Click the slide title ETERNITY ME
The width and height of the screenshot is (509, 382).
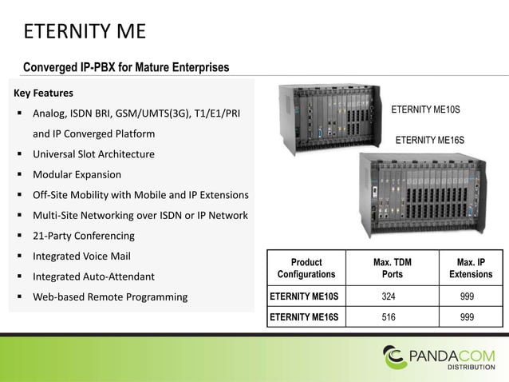coord(83,33)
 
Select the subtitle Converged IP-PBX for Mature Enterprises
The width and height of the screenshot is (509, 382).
coord(126,66)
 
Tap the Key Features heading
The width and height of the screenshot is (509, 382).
coord(43,92)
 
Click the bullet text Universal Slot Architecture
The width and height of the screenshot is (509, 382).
coord(93,153)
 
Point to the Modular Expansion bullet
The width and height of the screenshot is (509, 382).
coord(77,174)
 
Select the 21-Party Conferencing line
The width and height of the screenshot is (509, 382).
coord(83,236)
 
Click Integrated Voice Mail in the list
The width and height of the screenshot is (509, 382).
coord(81,257)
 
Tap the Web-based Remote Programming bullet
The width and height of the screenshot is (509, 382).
coord(110,297)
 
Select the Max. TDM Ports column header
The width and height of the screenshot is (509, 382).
coord(393,268)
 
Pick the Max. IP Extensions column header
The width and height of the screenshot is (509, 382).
coord(470,268)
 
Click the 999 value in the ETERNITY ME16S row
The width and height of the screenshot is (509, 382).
coord(470,316)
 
